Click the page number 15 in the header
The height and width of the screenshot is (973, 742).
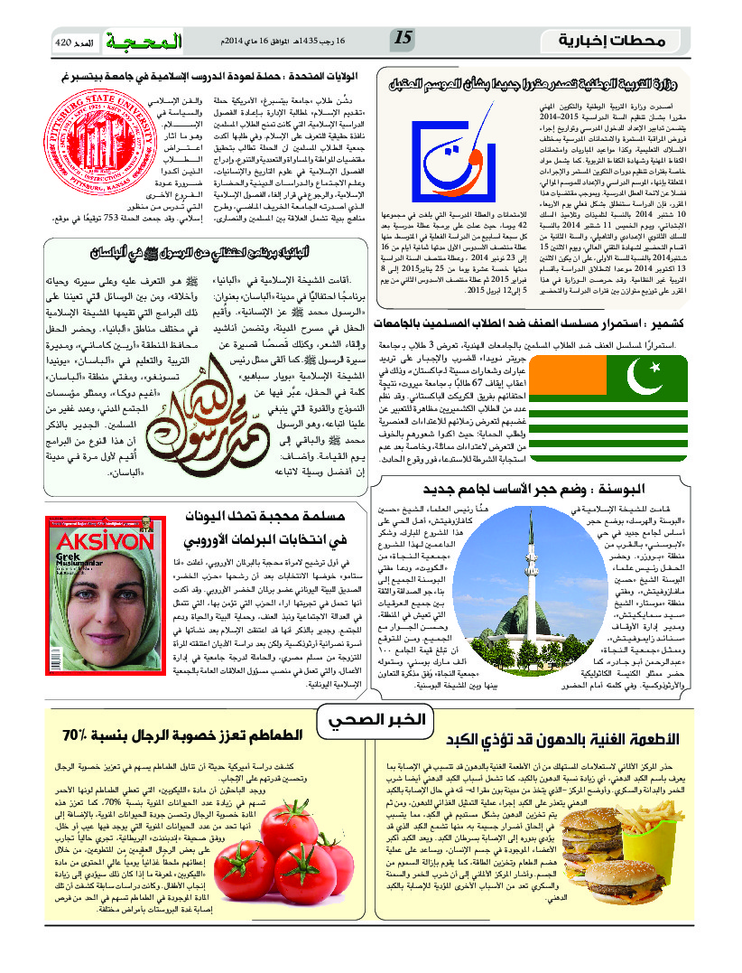click(403, 39)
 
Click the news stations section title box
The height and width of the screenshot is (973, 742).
click(622, 41)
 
